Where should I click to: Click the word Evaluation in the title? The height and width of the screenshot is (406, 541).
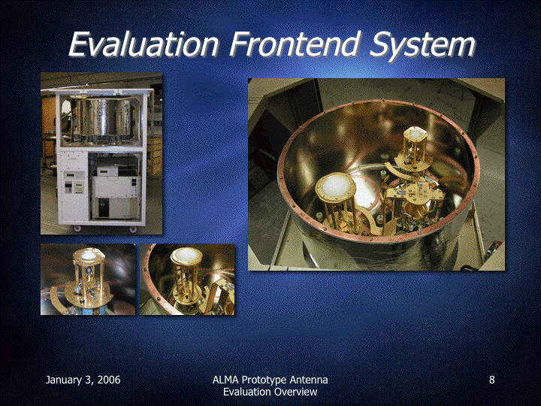144,44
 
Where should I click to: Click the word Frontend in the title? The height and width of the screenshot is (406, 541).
295,44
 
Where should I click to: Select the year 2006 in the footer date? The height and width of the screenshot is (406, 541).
109,380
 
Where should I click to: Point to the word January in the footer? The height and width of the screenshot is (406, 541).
64,380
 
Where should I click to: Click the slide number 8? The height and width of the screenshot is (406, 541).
491,380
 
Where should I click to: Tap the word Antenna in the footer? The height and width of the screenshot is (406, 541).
309,380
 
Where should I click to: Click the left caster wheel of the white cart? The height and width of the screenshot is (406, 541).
77,229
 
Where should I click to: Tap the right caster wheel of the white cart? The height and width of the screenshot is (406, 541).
133,229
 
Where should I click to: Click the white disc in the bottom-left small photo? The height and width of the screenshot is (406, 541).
89,255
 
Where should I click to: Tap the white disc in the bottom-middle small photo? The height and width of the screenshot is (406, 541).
186,256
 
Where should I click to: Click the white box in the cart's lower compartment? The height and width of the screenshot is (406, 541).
115,197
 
